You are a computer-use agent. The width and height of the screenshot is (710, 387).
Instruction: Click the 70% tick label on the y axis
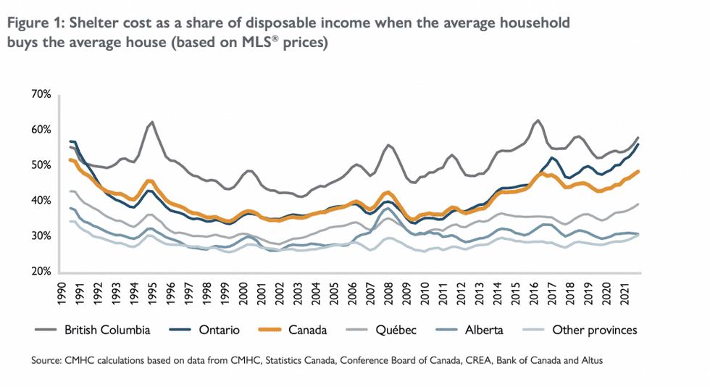(40, 95)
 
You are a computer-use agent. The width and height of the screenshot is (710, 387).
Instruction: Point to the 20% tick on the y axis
(40, 272)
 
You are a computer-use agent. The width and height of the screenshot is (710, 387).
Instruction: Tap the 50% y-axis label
(40, 165)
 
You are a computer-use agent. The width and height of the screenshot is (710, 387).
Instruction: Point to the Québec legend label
(395, 330)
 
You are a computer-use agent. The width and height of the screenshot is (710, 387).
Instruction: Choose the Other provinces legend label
(595, 330)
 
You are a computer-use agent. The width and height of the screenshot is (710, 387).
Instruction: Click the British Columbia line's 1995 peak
(152, 122)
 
